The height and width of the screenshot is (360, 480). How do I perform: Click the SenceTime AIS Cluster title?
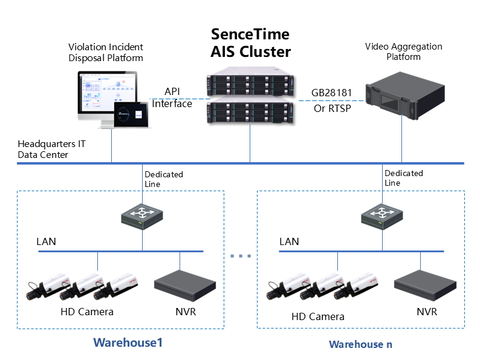point(250,42)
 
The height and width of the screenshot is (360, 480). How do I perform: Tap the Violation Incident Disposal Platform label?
point(106,53)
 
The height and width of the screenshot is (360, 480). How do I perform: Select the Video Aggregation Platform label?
point(403,51)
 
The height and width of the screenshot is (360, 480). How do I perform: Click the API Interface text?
point(172,97)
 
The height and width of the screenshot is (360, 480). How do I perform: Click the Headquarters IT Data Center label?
point(51,149)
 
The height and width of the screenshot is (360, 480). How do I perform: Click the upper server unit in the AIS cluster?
point(250,85)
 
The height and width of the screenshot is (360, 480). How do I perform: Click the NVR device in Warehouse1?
point(185,288)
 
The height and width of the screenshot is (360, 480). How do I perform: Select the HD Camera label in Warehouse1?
point(87,312)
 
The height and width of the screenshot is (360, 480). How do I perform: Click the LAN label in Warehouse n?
point(289,241)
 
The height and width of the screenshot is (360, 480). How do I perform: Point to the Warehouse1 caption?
point(128,342)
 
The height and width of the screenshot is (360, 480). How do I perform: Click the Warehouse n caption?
point(360,344)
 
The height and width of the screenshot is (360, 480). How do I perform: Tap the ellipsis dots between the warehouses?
point(241,256)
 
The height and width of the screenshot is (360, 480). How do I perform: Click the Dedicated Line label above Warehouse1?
point(164,179)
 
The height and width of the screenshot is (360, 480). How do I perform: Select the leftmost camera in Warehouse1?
point(48,289)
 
